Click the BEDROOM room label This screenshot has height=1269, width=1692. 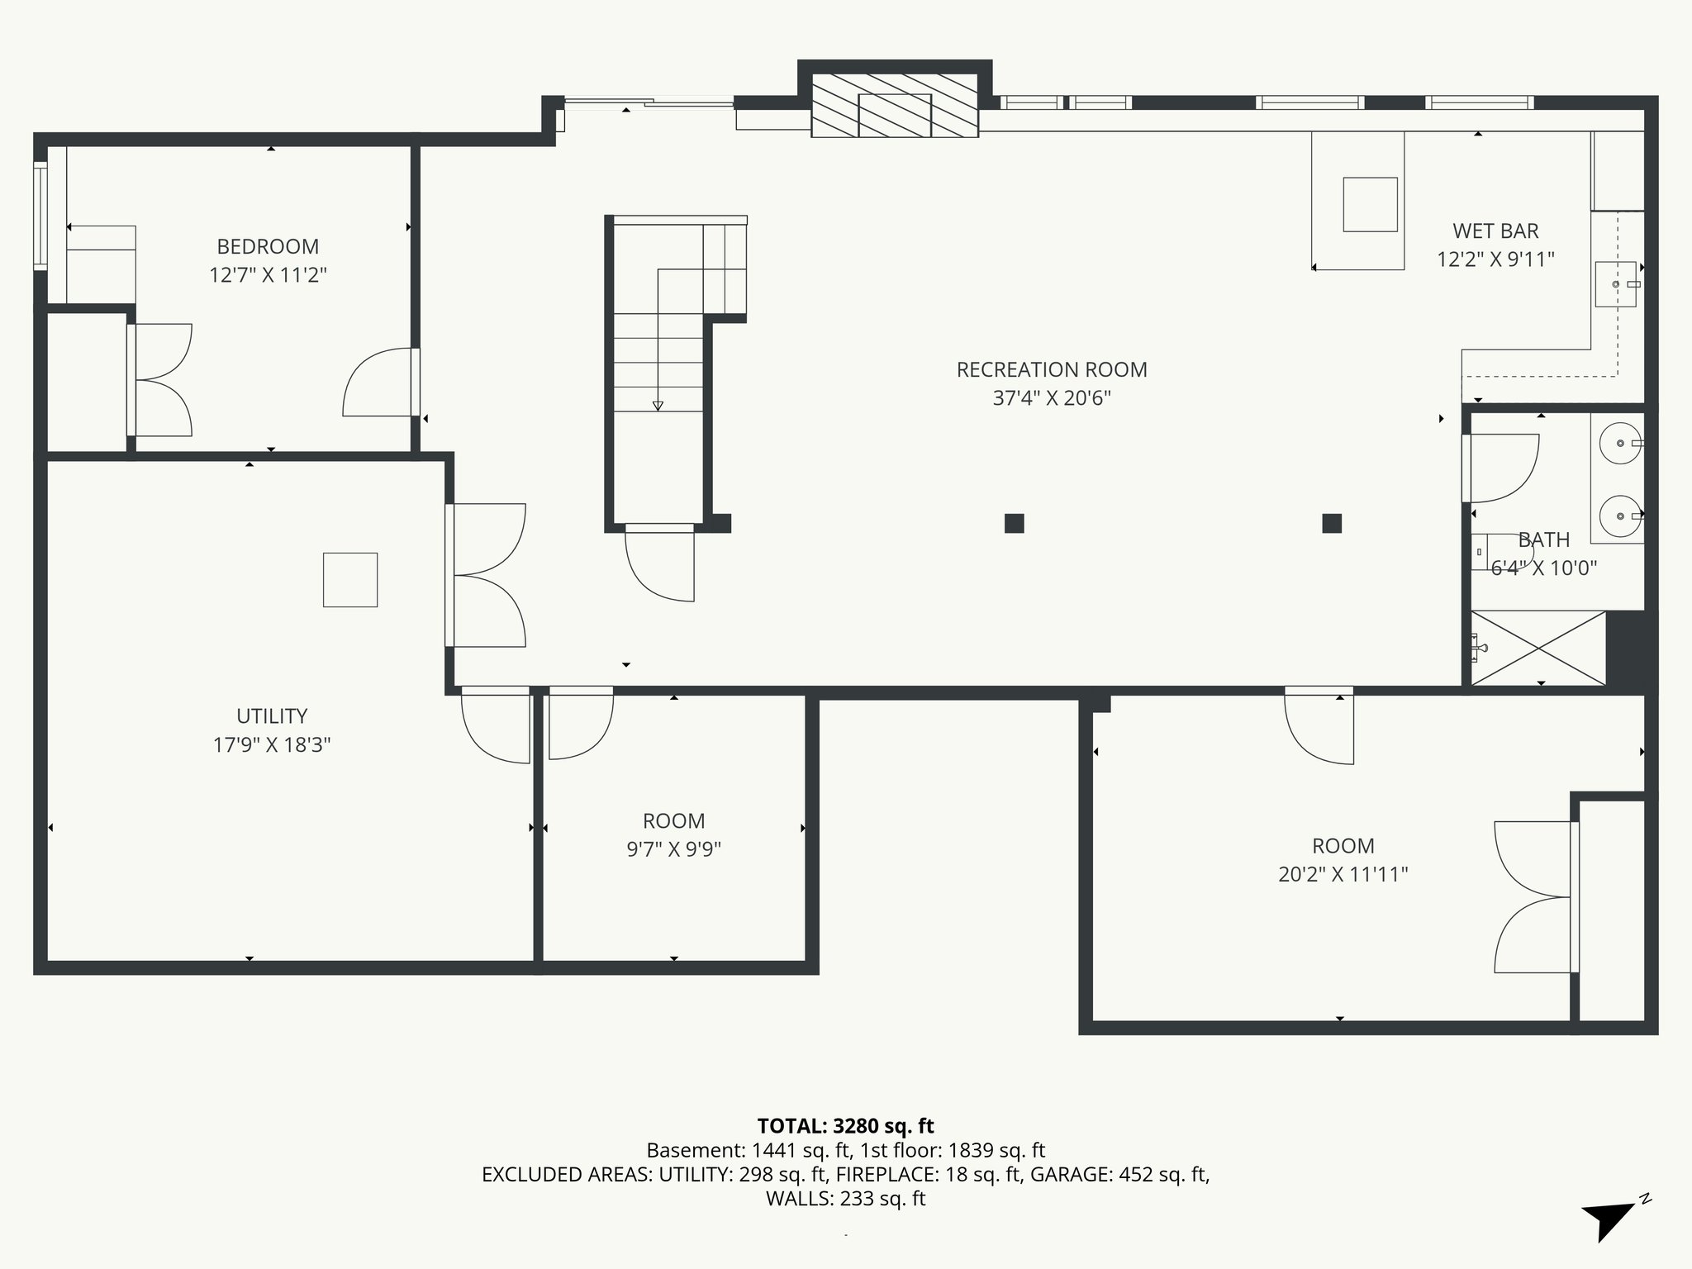(268, 246)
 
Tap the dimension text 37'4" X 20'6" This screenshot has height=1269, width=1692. (1051, 398)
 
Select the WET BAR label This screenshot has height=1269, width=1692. (1495, 231)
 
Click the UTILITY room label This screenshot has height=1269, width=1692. (272, 715)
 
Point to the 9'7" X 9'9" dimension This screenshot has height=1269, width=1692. (673, 849)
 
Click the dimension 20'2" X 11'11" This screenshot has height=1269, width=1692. (1343, 874)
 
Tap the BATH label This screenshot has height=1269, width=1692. (1543, 539)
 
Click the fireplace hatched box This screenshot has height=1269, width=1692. (895, 106)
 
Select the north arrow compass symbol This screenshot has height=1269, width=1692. (1609, 1218)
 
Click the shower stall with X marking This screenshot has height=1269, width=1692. (1538, 648)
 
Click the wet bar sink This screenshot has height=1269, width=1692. (1615, 283)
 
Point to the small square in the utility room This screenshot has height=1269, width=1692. (350, 580)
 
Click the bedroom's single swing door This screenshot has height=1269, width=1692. (379, 383)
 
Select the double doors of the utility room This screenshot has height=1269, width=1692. (487, 575)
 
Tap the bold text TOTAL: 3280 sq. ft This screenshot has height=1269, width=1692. (845, 1125)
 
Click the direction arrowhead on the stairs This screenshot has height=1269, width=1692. (658, 406)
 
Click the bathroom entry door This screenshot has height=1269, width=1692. (1500, 468)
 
